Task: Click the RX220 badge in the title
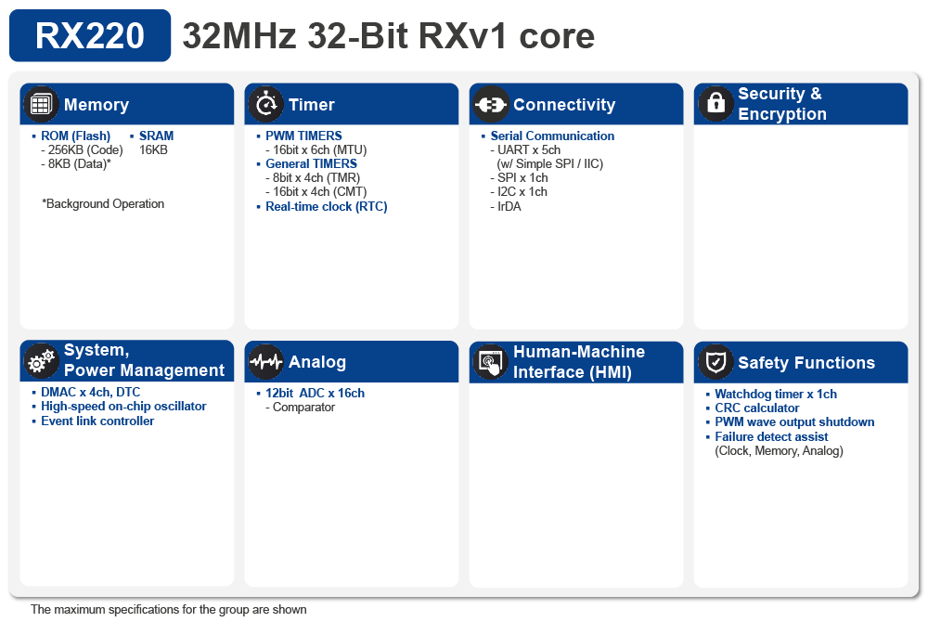tap(90, 36)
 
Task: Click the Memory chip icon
tap(40, 105)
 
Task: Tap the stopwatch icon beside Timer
tap(265, 105)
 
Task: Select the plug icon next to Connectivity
tap(490, 105)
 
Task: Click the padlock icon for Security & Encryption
tap(715, 104)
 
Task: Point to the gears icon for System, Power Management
tap(40, 362)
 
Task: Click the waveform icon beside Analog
tap(265, 362)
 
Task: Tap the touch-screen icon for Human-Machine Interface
tap(490, 362)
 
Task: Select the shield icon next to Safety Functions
tap(715, 362)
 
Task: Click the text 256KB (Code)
tap(83, 149)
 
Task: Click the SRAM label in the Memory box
tap(156, 136)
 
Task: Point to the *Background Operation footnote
tap(103, 203)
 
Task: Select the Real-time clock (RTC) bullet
tap(326, 206)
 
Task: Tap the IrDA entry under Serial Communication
tap(509, 206)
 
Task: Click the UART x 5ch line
tap(529, 149)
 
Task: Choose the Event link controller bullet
tap(97, 421)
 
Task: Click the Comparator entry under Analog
tap(303, 408)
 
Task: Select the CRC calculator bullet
tap(756, 408)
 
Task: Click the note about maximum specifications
tap(168, 610)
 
